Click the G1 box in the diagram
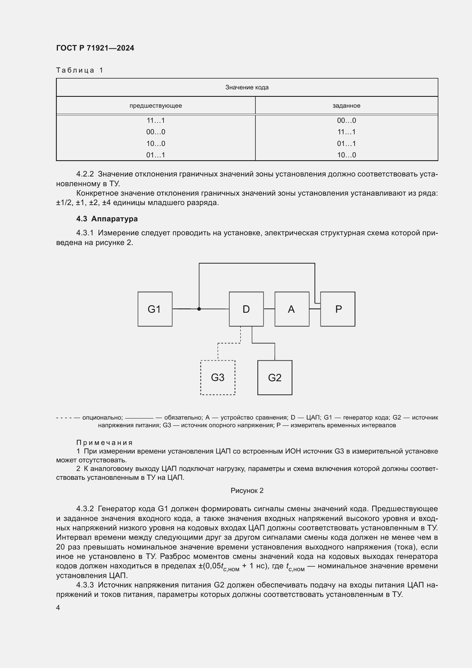[x=155, y=309]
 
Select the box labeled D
[x=246, y=309]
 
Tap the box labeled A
[x=292, y=309]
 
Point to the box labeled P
[x=338, y=309]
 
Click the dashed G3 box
[x=218, y=377]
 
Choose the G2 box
[x=275, y=377]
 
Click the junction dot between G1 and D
[x=199, y=309]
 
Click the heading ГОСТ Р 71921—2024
[x=95, y=48]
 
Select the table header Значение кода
[x=247, y=87]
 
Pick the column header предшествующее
[x=156, y=106]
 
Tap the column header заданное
[x=346, y=106]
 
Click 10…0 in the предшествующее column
[x=156, y=143]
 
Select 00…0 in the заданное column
[x=346, y=121]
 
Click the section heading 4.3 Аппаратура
[x=107, y=219]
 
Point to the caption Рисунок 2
[x=247, y=491]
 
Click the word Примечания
[x=104, y=442]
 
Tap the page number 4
[x=58, y=608]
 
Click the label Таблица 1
[x=80, y=70]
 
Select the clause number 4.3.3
[x=85, y=585]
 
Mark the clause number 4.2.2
[x=85, y=174]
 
